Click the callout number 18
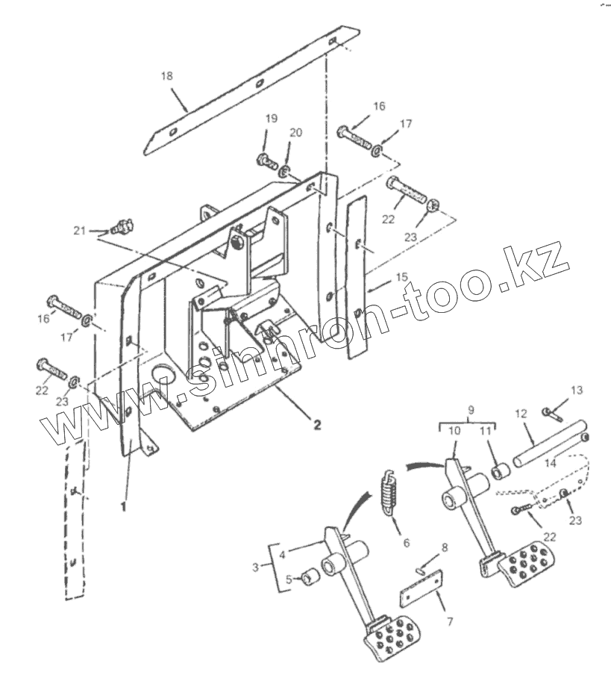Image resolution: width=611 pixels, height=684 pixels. [x=166, y=75]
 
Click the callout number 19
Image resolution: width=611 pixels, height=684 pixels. [x=271, y=119]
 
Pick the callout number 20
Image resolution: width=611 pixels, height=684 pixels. [x=296, y=133]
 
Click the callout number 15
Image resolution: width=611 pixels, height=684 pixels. [x=402, y=277]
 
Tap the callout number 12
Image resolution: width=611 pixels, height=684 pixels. [x=521, y=413]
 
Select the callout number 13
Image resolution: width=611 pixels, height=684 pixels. [x=577, y=390]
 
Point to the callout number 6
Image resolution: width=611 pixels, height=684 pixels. [x=406, y=542]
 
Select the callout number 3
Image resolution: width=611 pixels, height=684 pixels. [x=256, y=568]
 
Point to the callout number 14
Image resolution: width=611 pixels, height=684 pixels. [x=551, y=463]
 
